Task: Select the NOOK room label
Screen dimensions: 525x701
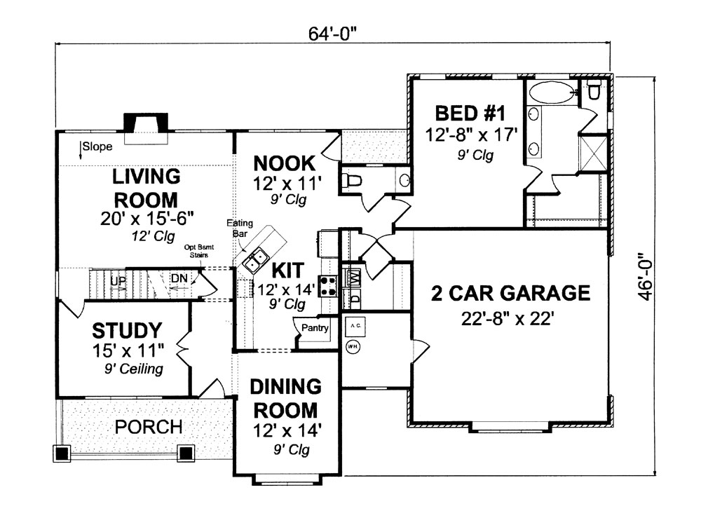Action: [285, 163]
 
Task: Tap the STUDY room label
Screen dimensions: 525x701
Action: [128, 330]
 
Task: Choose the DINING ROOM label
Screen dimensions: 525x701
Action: [286, 397]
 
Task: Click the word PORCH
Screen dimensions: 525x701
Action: [149, 426]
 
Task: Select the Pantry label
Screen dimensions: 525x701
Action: [315, 327]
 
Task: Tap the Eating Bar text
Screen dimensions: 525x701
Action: [239, 229]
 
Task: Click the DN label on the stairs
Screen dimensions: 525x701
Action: [179, 278]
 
